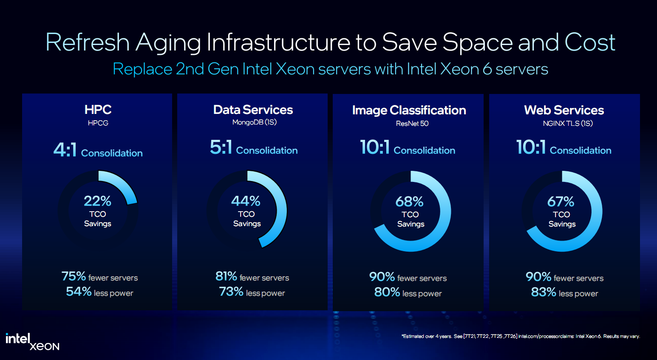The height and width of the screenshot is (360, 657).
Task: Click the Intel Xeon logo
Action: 32,342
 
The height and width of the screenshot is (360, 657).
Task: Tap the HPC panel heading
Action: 98,110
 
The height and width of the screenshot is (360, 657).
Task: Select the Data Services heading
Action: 253,110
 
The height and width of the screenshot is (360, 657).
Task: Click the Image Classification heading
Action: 409,110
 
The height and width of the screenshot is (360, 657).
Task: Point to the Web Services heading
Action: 564,110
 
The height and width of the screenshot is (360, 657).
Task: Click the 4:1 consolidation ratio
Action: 65,150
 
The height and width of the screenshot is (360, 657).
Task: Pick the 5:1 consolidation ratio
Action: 221,147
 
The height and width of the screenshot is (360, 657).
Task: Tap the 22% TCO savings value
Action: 97,201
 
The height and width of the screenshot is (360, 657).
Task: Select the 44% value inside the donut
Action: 246,201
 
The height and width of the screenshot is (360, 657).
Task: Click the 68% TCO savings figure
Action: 409,201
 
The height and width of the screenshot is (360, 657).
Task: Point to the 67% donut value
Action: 561,201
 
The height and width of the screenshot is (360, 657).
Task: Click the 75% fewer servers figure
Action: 74,276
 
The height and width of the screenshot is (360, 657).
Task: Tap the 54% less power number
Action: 79,292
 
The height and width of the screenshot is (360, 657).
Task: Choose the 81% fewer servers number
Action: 226,276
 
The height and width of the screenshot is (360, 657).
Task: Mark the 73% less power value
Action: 231,292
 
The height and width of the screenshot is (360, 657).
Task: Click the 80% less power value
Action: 387,292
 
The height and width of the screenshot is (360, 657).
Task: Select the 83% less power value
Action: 543,292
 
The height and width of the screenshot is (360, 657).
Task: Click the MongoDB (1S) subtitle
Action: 254,122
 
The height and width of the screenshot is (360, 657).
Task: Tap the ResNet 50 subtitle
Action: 412,123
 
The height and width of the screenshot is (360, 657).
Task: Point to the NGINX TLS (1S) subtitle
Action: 567,123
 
